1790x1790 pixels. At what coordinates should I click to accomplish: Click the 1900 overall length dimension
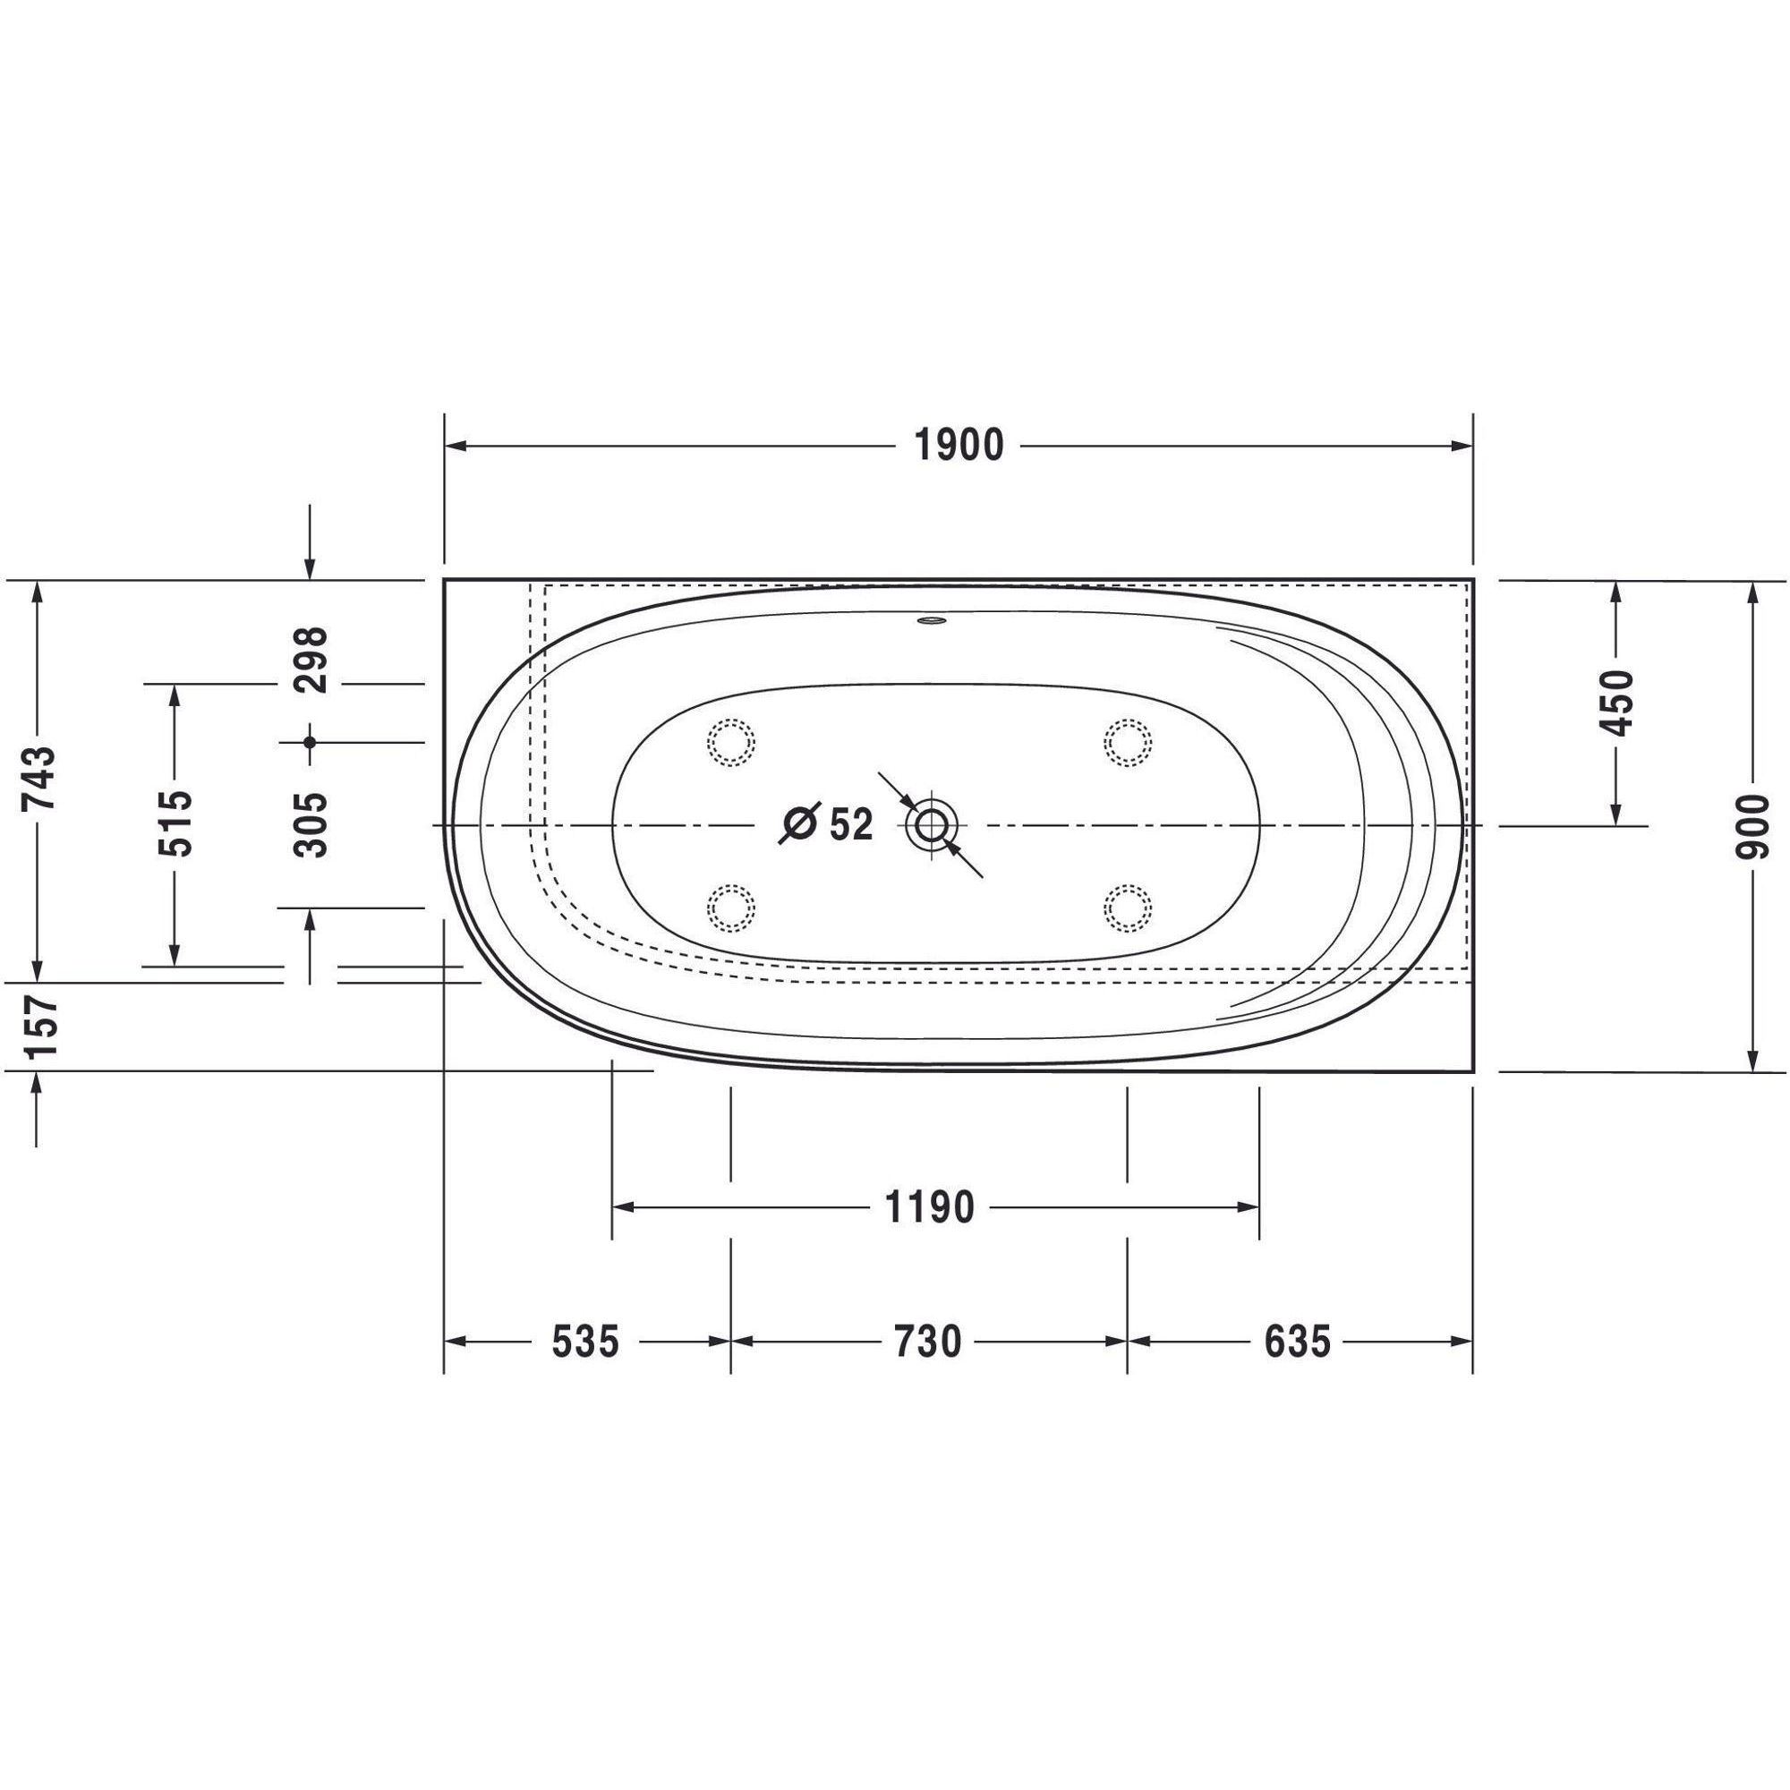pyautogui.click(x=959, y=447)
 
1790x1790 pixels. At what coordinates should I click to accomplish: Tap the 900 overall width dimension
pyautogui.click(x=1752, y=825)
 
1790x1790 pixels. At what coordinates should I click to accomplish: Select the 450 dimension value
pyautogui.click(x=1616, y=702)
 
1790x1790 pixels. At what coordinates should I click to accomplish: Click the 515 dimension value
pyautogui.click(x=175, y=823)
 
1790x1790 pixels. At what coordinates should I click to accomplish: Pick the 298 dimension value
pyautogui.click(x=311, y=661)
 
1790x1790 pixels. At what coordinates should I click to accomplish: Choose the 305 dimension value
pyautogui.click(x=311, y=824)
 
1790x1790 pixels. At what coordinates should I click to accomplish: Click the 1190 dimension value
pyautogui.click(x=930, y=1208)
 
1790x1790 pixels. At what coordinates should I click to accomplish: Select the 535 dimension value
pyautogui.click(x=584, y=1342)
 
